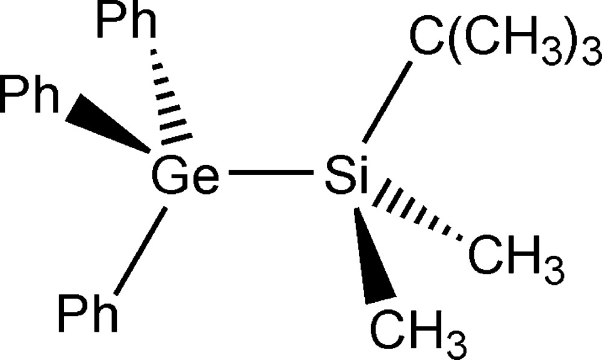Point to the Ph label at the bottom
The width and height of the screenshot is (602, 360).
89,314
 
